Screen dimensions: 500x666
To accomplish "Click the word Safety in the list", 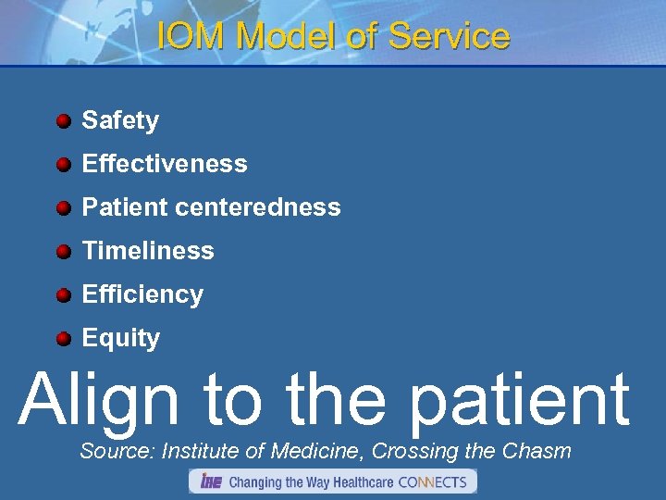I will point(120,120).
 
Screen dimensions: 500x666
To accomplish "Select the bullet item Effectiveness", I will point(165,164).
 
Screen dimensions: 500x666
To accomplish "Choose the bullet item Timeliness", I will point(148,251).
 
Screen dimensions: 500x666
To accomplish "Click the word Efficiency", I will point(142,294).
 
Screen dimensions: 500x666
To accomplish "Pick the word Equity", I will point(121,339).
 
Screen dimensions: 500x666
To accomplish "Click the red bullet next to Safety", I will point(63,121).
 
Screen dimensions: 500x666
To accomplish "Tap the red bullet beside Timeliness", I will point(63,252).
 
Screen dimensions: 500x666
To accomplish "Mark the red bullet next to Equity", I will point(63,339).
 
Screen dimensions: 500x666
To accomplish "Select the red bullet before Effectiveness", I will point(63,165).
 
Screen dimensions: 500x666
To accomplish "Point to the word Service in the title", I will point(449,36).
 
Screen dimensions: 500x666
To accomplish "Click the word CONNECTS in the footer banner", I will point(433,481).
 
